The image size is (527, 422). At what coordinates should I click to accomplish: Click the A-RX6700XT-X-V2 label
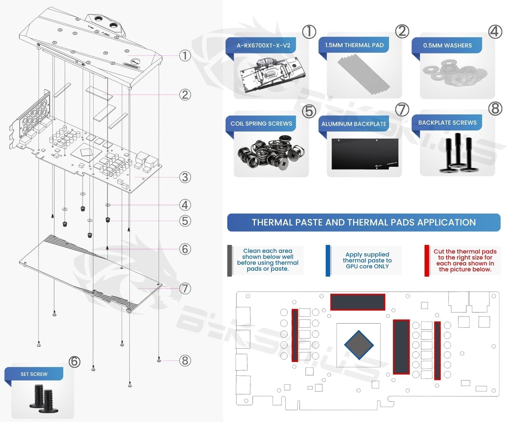point(263,45)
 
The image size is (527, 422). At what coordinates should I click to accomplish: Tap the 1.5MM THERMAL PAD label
point(354,45)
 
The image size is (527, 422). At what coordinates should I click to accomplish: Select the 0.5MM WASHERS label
point(447,45)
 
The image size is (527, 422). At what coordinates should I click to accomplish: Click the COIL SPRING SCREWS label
point(261,124)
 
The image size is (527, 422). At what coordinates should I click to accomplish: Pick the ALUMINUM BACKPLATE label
point(354,124)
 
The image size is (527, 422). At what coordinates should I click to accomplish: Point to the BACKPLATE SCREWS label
point(447,123)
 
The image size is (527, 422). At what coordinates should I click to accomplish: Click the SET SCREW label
point(34,374)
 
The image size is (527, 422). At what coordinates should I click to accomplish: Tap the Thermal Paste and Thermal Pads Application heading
point(364,223)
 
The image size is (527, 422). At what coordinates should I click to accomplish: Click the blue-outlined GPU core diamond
point(359,345)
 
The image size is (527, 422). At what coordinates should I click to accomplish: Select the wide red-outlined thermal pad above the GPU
point(358,302)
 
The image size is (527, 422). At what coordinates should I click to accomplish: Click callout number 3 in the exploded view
point(185,177)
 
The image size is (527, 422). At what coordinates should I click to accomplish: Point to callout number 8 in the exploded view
point(185,361)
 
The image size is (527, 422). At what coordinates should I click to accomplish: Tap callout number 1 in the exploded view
point(185,56)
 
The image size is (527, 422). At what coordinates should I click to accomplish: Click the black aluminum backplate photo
point(365,154)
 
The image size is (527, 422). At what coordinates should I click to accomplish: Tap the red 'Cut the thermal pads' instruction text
point(465,260)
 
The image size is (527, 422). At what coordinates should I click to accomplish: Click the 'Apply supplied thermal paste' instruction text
point(367,260)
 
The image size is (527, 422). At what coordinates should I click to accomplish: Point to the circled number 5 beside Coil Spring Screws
point(309,111)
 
